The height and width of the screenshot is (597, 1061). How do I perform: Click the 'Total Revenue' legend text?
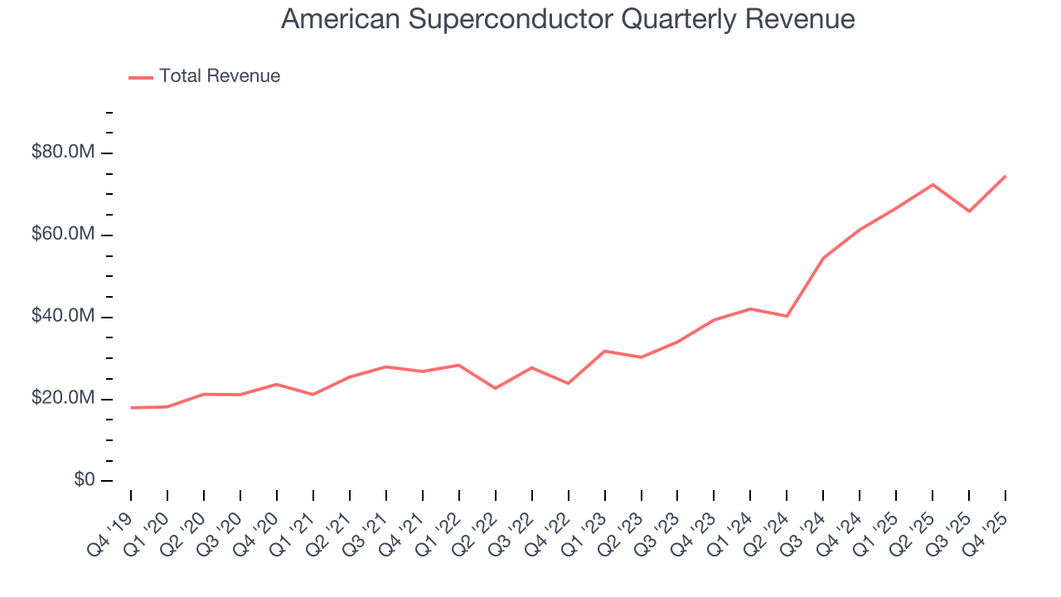(220, 76)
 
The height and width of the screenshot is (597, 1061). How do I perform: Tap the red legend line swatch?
(141, 77)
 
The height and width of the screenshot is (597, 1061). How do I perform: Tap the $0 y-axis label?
(80, 481)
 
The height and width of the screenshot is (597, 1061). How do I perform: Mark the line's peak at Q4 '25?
(1005, 176)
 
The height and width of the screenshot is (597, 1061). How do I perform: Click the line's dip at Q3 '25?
(969, 211)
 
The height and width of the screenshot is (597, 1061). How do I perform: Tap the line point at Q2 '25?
(933, 184)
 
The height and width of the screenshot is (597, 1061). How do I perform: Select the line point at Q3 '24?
(823, 258)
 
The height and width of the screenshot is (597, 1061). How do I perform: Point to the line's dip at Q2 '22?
(495, 388)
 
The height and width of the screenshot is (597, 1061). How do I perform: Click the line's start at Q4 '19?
(131, 408)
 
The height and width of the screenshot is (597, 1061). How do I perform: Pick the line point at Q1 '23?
(604, 351)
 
